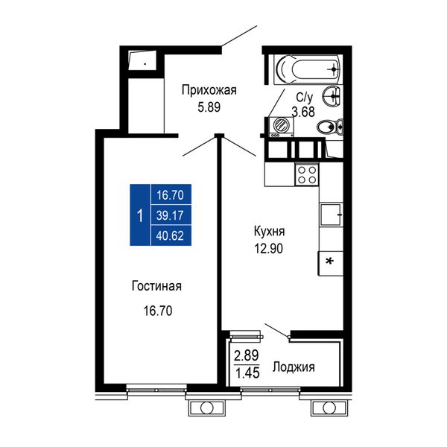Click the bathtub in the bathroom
pyautogui.click(x=307, y=69)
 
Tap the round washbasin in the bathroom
pyautogui.click(x=332, y=96)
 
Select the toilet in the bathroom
pyautogui.click(x=330, y=127)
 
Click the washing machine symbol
pyautogui.click(x=281, y=127)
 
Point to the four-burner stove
pyautogui.click(x=307, y=175)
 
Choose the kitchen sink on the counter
pyautogui.click(x=331, y=215)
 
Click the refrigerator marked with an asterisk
pyautogui.click(x=330, y=263)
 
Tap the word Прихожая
pyautogui.click(x=209, y=91)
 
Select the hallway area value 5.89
pyautogui.click(x=209, y=107)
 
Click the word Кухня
pyautogui.click(x=269, y=232)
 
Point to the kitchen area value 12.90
pyautogui.click(x=269, y=249)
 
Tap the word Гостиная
pyautogui.click(x=156, y=286)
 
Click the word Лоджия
pyautogui.click(x=294, y=367)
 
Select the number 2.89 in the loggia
pyautogui.click(x=247, y=355)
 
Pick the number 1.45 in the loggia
pyautogui.click(x=247, y=372)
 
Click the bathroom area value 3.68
pyautogui.click(x=303, y=112)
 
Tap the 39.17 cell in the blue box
pyautogui.click(x=170, y=215)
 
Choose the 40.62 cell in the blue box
pyautogui.click(x=170, y=235)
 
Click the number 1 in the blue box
pyautogui.click(x=140, y=215)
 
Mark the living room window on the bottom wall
pyautogui.click(x=156, y=389)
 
